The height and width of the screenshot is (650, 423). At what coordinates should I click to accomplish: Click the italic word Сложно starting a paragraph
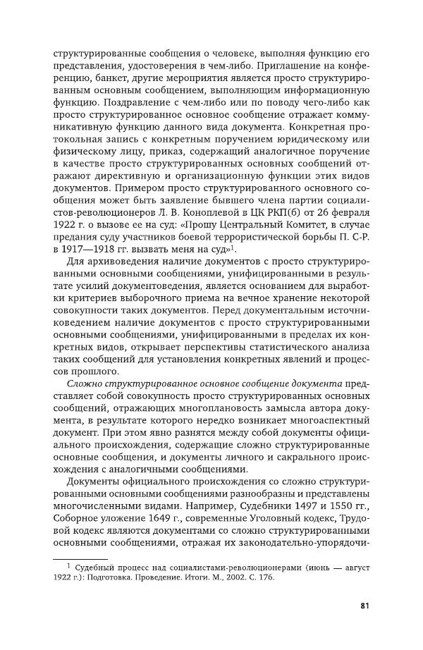tap(84, 382)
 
